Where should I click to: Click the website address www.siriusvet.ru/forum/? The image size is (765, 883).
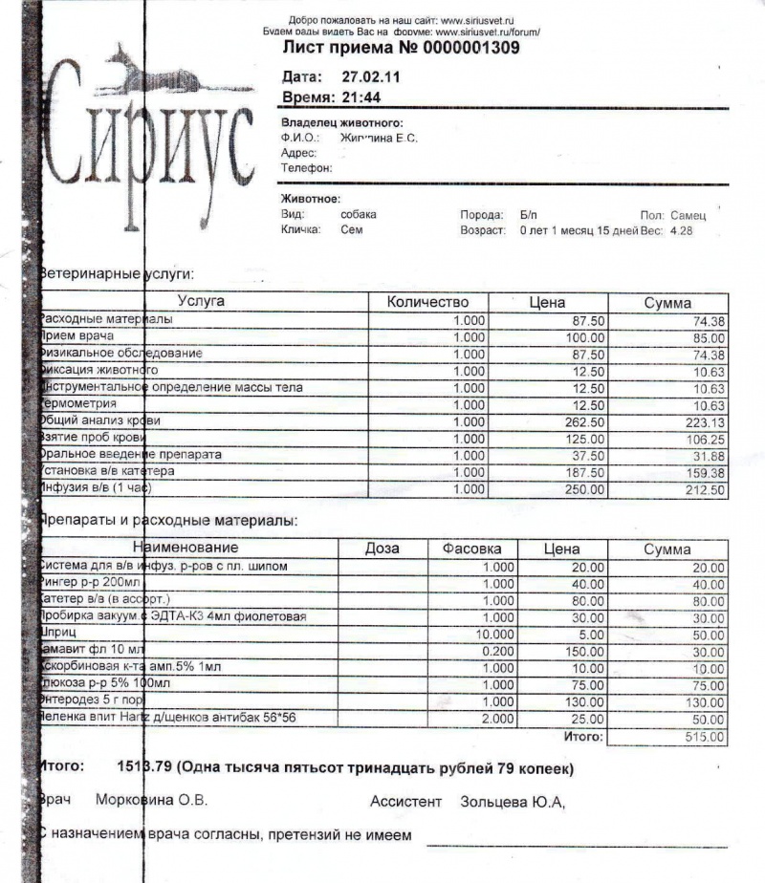click(x=488, y=32)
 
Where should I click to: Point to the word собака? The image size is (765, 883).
click(x=359, y=215)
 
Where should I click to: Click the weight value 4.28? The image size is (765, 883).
click(x=681, y=231)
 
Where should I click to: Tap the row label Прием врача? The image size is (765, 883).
click(x=76, y=336)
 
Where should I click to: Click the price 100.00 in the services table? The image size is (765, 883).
click(x=584, y=337)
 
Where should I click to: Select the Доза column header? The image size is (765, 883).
click(x=382, y=549)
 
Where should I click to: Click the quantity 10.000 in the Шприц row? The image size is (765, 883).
click(x=496, y=634)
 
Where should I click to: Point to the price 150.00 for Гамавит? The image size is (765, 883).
click(x=581, y=651)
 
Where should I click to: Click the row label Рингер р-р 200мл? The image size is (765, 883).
click(x=90, y=583)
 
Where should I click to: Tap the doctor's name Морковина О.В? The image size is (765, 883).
click(x=152, y=800)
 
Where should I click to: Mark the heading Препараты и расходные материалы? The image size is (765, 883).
click(x=167, y=521)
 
